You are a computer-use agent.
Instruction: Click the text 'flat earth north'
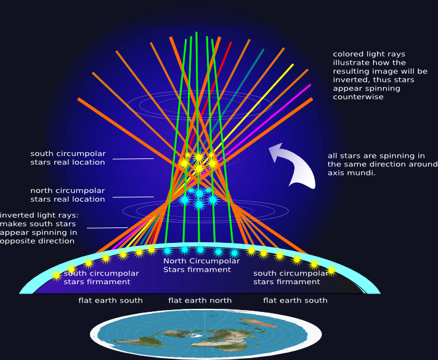pyautogui.click(x=200, y=301)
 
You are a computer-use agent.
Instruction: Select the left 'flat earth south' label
pyautogui.click(x=110, y=301)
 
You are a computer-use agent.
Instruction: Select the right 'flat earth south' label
pyautogui.click(x=295, y=301)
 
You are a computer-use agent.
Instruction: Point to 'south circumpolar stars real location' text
pyautogui.click(x=68, y=158)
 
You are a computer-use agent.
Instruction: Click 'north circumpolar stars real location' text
pyautogui.click(x=68, y=195)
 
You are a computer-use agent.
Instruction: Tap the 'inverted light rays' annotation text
pyautogui.click(x=39, y=228)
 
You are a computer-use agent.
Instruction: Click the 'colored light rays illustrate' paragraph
pyautogui.click(x=379, y=75)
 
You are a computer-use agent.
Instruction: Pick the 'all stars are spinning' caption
pyautogui.click(x=376, y=164)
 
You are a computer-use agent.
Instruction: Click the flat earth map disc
pyautogui.click(x=205, y=335)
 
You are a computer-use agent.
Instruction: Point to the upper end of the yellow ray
pyautogui.click(x=293, y=65)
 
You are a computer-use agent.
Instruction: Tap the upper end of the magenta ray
pyautogui.click(x=310, y=86)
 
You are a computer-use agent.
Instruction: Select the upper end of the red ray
pyautogui.click(x=230, y=43)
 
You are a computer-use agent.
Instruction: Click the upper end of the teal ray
pyautogui.click(x=263, y=50)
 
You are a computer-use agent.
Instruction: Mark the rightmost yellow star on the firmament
pyautogui.click(x=331, y=270)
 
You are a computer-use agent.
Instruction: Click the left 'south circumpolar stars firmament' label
pyautogui.click(x=97, y=277)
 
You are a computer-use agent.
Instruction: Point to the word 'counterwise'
pyautogui.click(x=358, y=97)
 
